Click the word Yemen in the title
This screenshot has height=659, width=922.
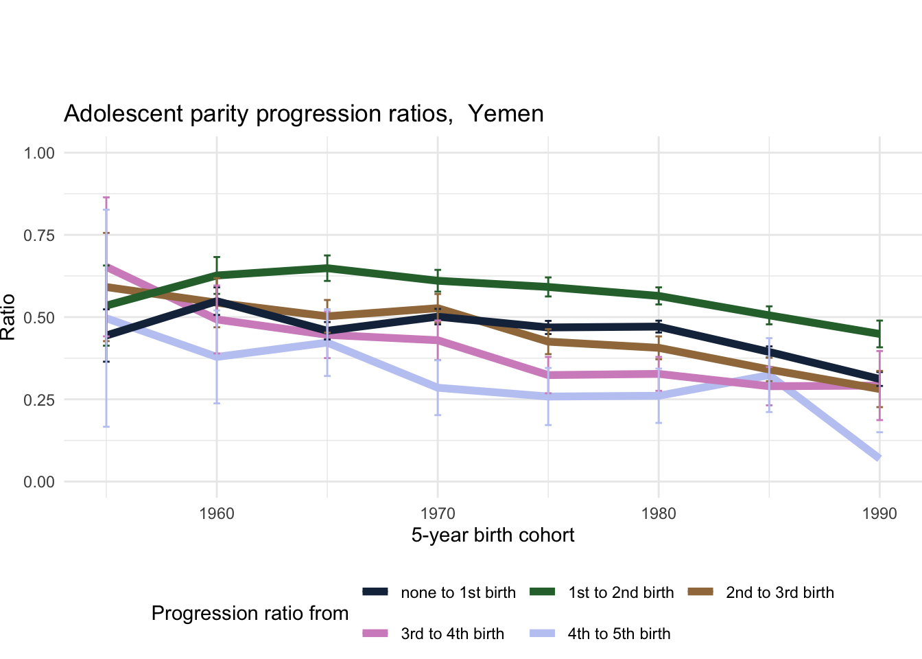(x=506, y=113)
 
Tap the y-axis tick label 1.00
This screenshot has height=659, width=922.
(x=39, y=153)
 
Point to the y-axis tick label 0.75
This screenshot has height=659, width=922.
(x=39, y=235)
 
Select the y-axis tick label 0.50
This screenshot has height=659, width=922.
(x=39, y=318)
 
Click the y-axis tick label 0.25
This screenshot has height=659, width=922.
(x=39, y=400)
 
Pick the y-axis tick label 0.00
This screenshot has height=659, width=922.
(x=39, y=483)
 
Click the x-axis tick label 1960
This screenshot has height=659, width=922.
(x=217, y=513)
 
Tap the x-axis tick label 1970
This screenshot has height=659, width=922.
(x=438, y=513)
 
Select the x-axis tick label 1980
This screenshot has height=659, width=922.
(x=659, y=513)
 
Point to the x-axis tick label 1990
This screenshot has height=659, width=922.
(x=879, y=513)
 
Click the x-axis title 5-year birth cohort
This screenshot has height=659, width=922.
(x=493, y=535)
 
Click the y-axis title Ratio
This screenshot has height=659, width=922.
(x=8, y=317)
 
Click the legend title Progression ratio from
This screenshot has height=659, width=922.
(x=250, y=613)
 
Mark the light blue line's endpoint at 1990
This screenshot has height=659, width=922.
(x=878, y=458)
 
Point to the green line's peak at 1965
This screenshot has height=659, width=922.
(x=327, y=268)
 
